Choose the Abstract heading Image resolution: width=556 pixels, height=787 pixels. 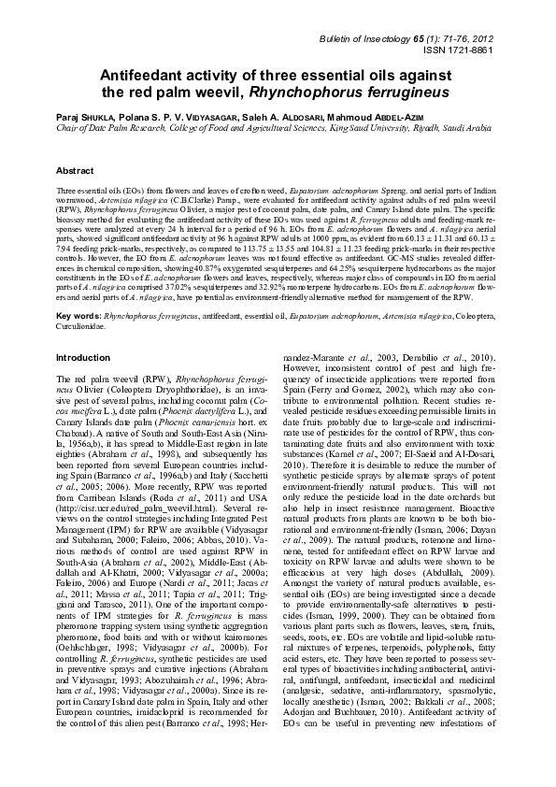[x=75, y=172]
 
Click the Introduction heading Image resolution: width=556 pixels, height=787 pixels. [x=83, y=331]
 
